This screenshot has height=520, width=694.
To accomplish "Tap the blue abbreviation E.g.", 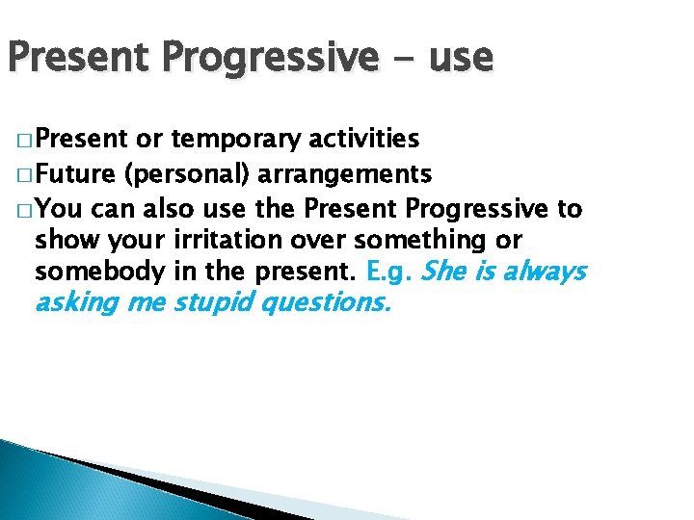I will [391, 272].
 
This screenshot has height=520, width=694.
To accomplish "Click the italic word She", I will [443, 272].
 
